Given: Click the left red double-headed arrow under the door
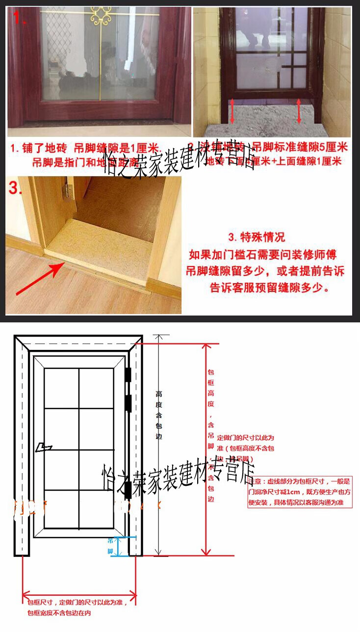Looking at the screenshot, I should click(x=232, y=111).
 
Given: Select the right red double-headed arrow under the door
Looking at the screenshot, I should click(x=299, y=111).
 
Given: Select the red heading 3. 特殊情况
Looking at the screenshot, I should click(x=256, y=237).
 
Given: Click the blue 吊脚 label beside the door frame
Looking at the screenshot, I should click(x=110, y=545).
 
